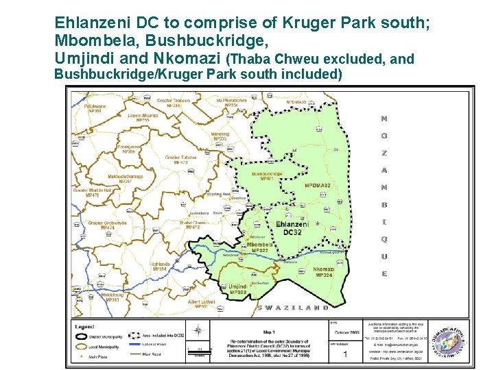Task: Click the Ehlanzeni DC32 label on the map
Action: click(292, 228)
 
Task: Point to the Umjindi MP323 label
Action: click(238, 290)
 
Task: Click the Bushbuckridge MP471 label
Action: click(267, 176)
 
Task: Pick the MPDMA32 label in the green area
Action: click(318, 186)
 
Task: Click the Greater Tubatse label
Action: click(180, 160)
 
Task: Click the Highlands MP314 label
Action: click(160, 267)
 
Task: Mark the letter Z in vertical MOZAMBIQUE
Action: click(384, 153)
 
